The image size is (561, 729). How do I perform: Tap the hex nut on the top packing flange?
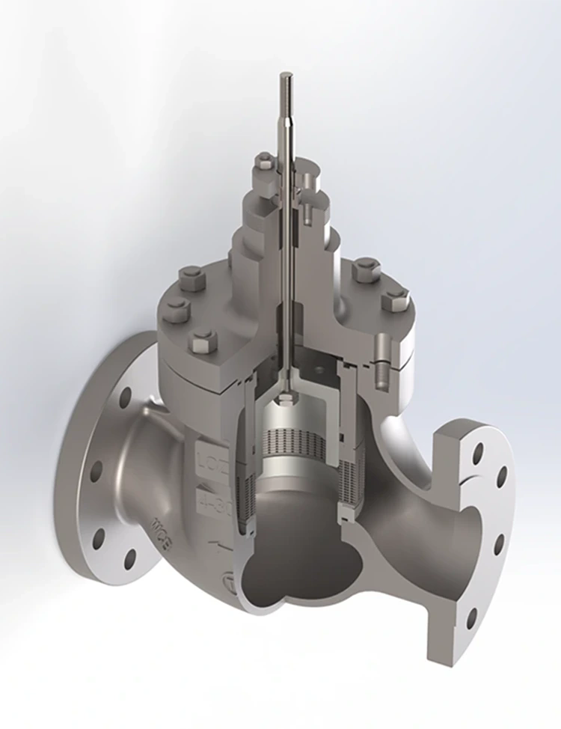pyautogui.click(x=264, y=161)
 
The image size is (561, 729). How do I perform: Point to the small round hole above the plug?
pyautogui.click(x=320, y=369)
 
